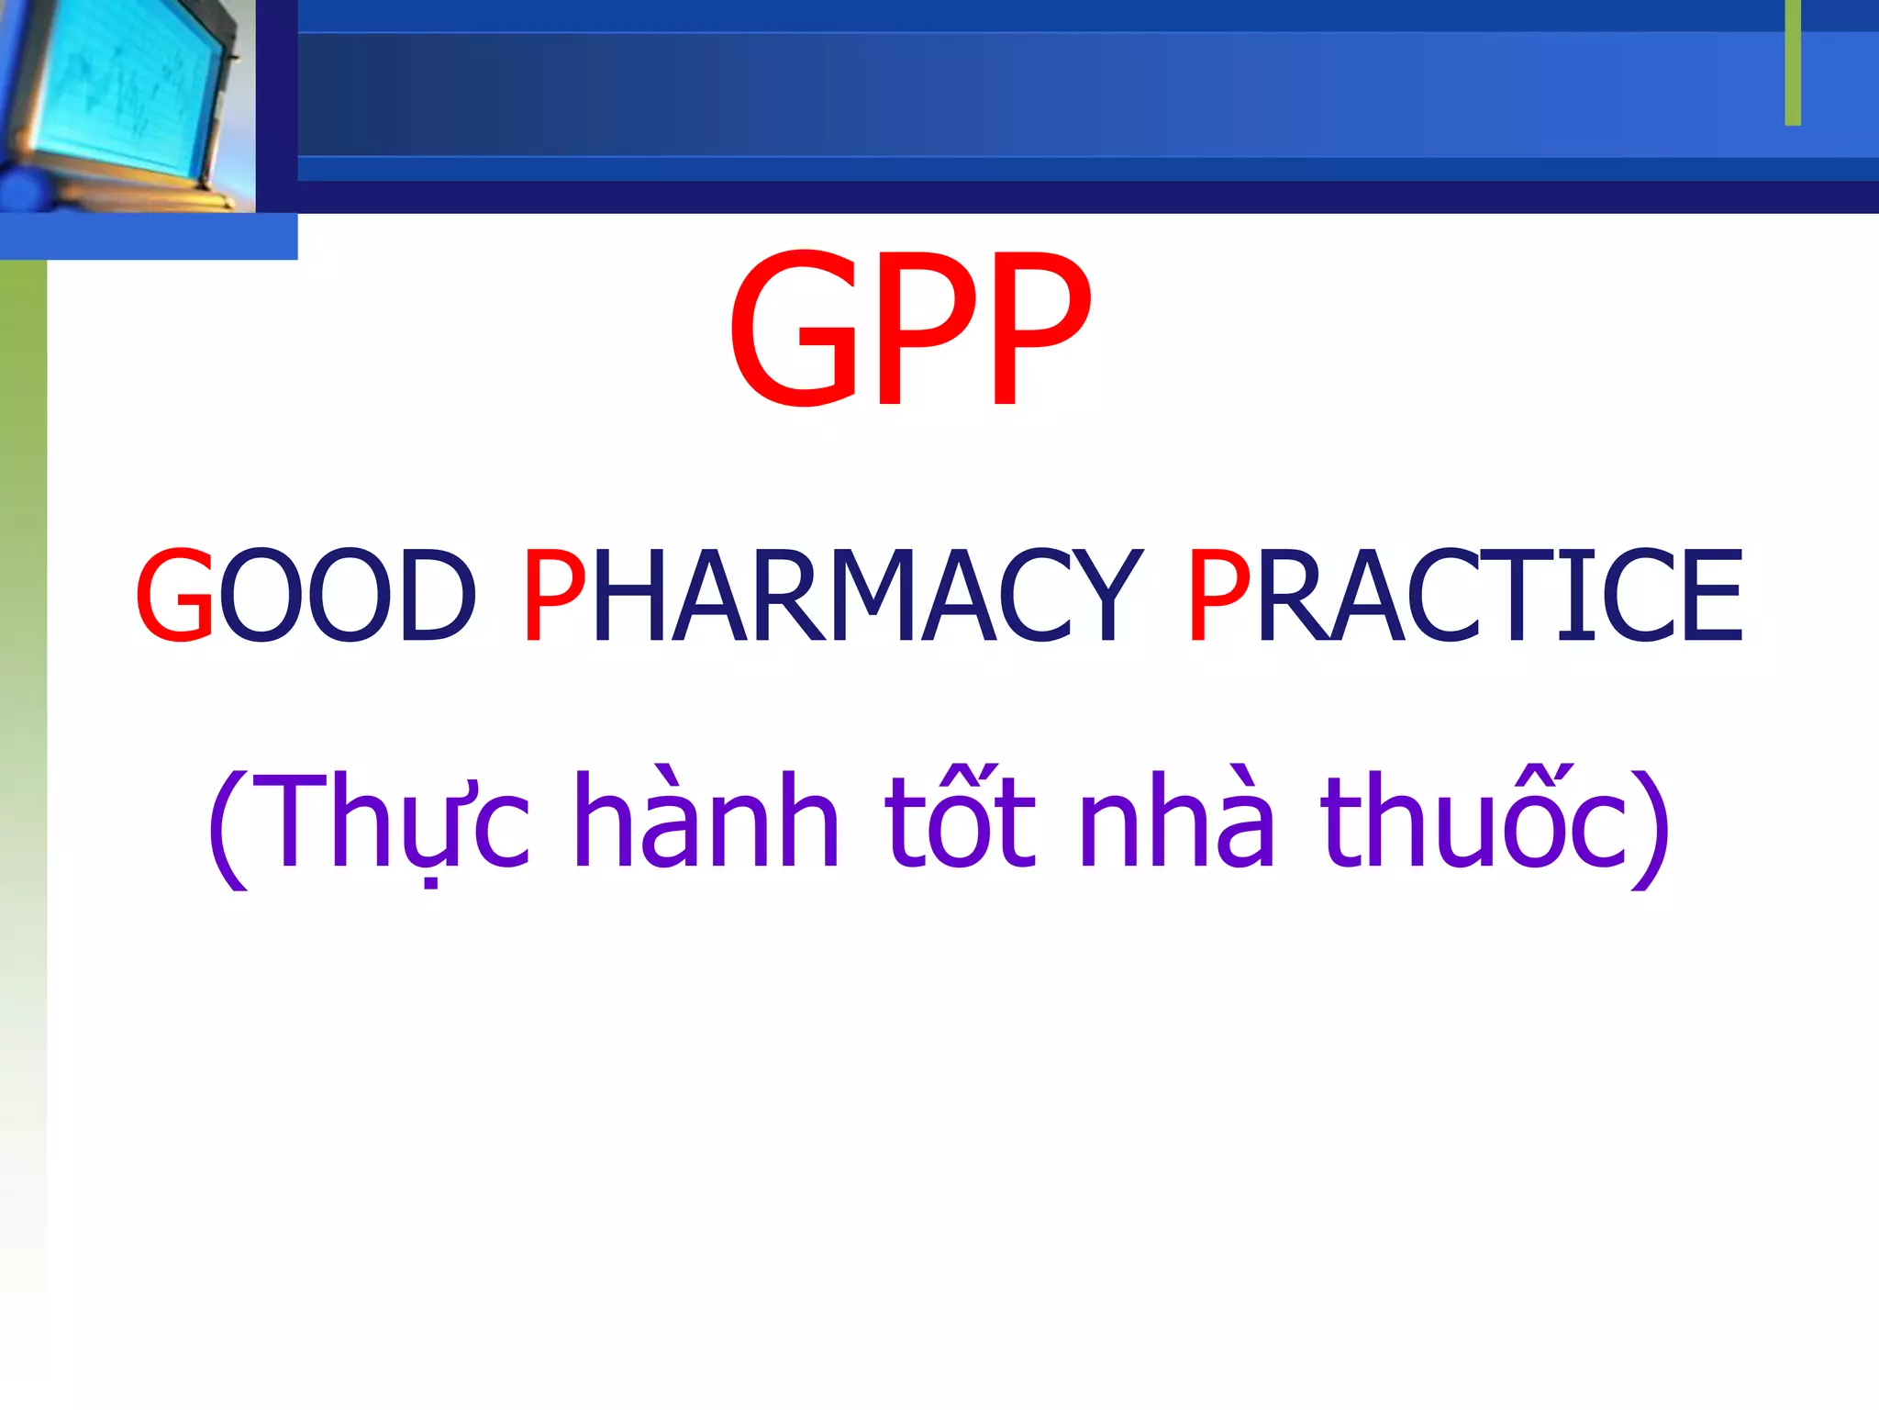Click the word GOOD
[x=306, y=595]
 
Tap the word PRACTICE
[x=1464, y=595]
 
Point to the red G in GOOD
[x=174, y=595]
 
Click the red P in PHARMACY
[x=553, y=595]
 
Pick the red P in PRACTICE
[x=1217, y=595]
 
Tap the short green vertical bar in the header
[x=1793, y=62]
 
